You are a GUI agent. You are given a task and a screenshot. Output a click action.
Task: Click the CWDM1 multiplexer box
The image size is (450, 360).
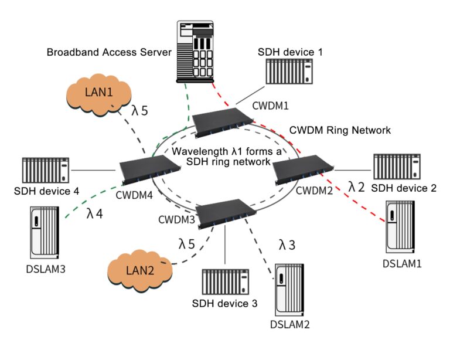pos(222,122)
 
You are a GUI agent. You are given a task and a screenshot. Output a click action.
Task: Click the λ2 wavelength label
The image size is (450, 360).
pos(357,186)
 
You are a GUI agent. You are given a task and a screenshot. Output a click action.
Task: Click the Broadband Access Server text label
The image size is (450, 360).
pos(109,52)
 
